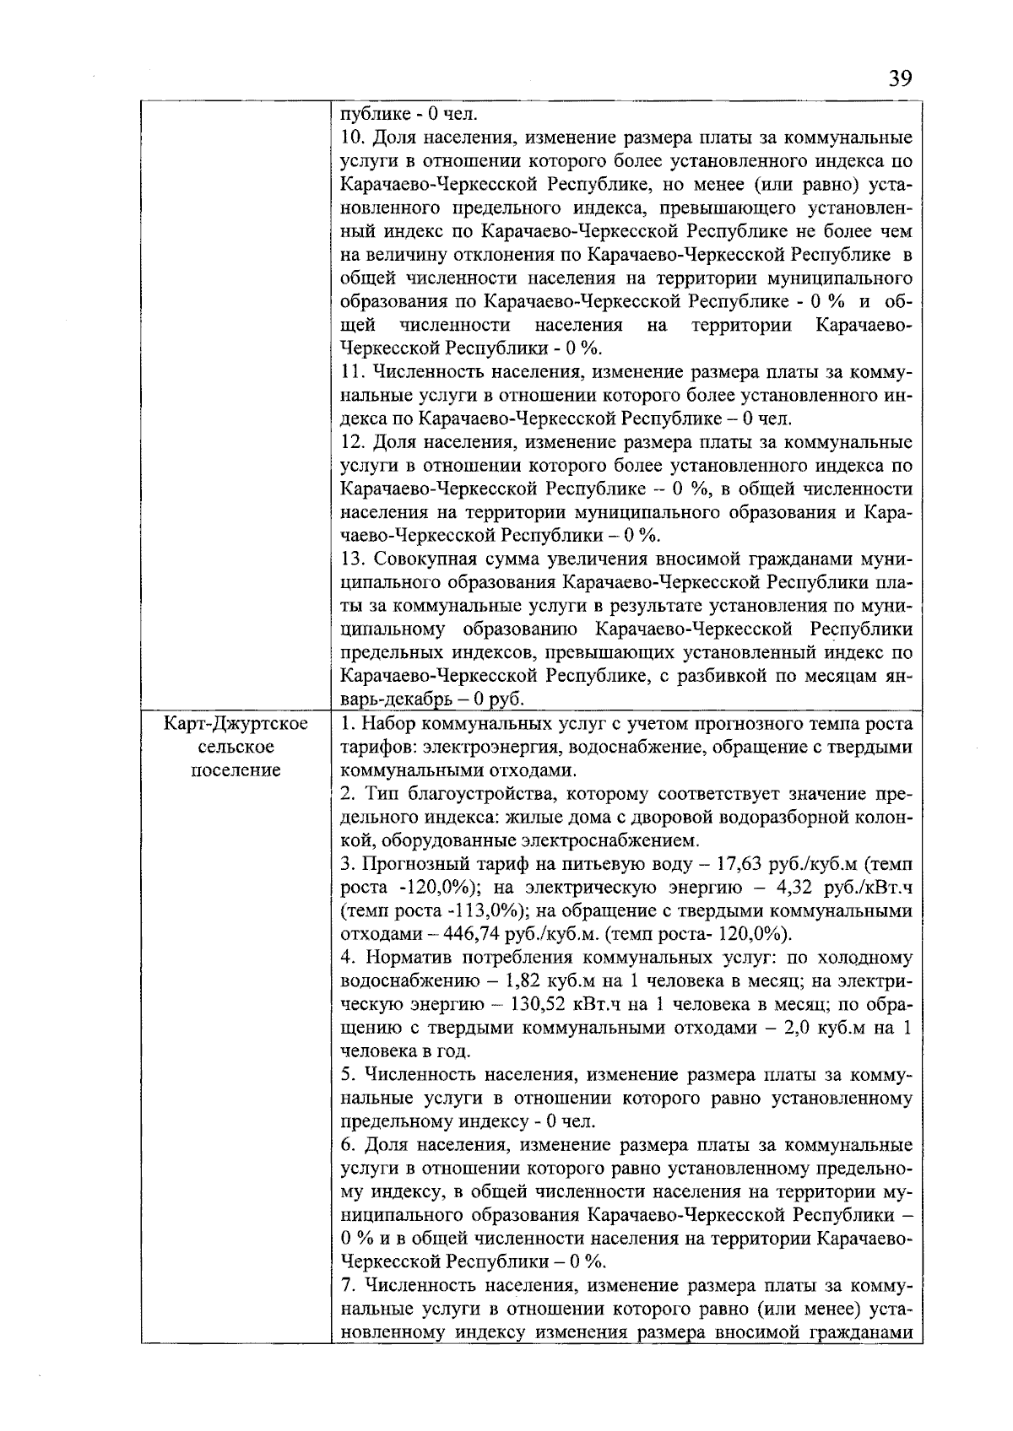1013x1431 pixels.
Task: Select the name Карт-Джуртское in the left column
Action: (236, 724)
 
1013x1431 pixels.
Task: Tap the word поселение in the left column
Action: (236, 770)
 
